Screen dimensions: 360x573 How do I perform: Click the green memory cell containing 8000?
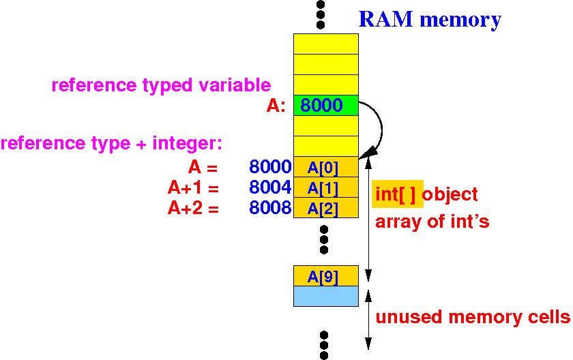tap(325, 106)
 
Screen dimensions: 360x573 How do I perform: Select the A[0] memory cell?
tap(325, 167)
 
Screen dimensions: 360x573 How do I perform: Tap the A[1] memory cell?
tap(325, 187)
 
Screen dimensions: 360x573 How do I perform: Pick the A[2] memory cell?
tap(325, 208)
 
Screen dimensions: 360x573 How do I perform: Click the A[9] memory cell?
tap(325, 276)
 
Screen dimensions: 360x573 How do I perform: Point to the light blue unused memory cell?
tap(325, 297)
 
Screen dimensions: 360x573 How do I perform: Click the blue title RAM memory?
tap(430, 20)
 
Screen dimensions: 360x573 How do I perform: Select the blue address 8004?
tap(270, 187)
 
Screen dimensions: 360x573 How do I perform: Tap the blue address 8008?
tap(270, 208)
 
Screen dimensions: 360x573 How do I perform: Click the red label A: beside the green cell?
tap(276, 106)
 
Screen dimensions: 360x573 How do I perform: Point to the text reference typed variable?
tap(161, 86)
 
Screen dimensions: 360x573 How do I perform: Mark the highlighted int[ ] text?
tap(397, 195)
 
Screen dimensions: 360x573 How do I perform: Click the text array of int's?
tap(432, 222)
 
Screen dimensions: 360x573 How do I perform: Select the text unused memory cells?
tap(472, 317)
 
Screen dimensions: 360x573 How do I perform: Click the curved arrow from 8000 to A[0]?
tap(380, 130)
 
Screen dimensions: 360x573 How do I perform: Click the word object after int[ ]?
tap(450, 195)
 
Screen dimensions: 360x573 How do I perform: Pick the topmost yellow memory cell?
tap(325, 44)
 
